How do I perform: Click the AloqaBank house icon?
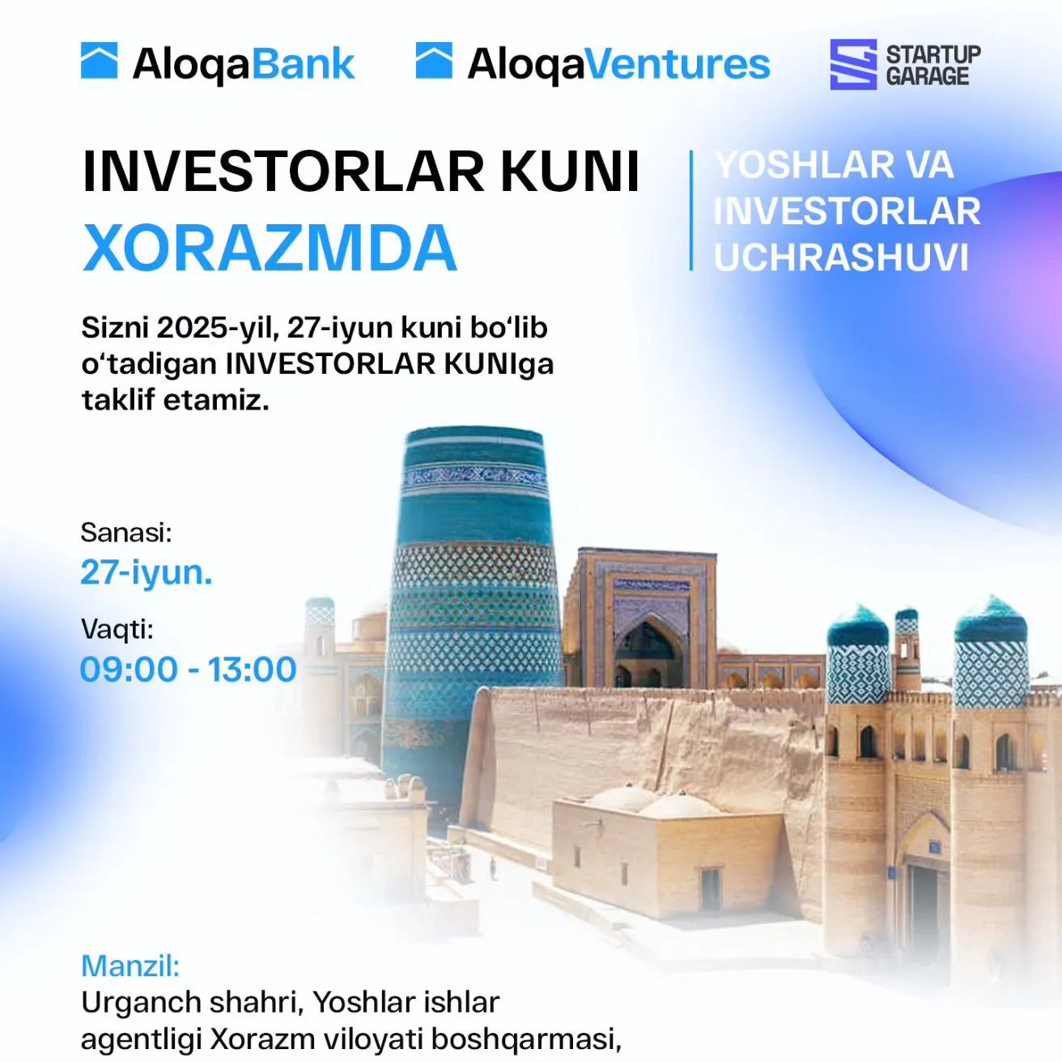click(x=100, y=60)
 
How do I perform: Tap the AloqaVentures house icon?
click(x=435, y=60)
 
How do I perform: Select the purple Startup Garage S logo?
click(x=853, y=64)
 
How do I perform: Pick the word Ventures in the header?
click(x=678, y=65)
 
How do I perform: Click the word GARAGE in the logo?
click(x=928, y=76)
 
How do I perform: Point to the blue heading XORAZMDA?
click(x=270, y=248)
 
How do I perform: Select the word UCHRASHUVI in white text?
click(x=841, y=257)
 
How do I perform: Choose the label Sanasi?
click(x=126, y=533)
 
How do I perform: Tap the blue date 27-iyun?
click(x=146, y=572)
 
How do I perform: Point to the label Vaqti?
click(x=117, y=629)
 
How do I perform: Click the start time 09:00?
click(x=129, y=669)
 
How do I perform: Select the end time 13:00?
click(x=252, y=669)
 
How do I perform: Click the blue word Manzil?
click(x=130, y=966)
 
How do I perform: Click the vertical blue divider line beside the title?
click(x=691, y=210)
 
